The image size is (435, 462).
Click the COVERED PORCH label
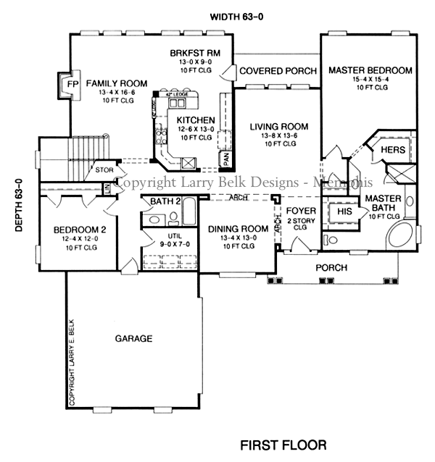pos(278,71)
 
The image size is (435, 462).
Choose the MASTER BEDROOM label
pos(370,70)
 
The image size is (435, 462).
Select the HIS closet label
pos(344,211)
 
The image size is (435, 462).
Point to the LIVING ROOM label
pos(279,127)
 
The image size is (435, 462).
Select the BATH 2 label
pos(165,201)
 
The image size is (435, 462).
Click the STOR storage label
pos(104,170)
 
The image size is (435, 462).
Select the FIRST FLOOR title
pos(283,444)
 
